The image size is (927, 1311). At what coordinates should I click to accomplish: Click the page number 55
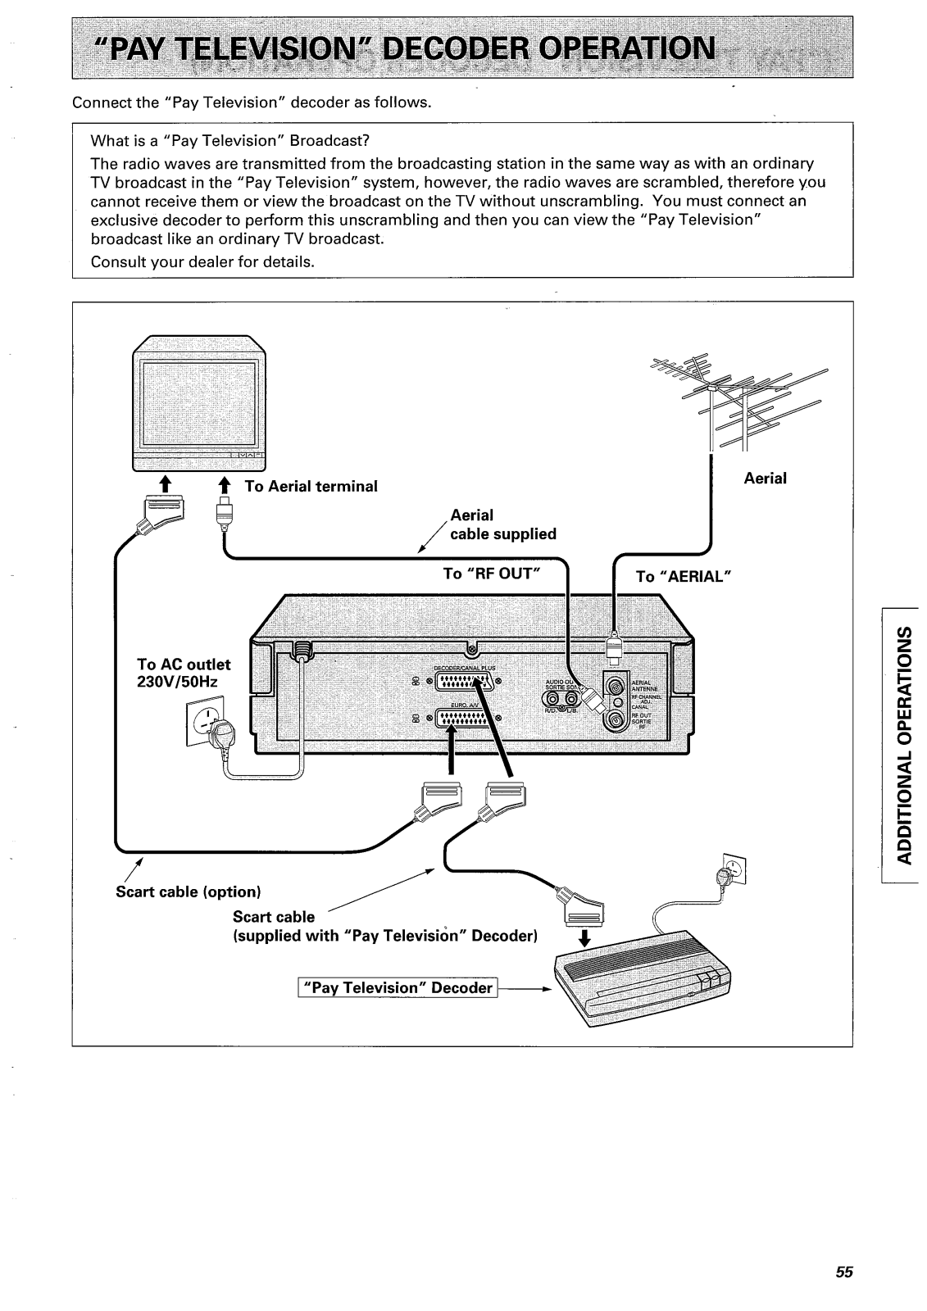[x=844, y=1272]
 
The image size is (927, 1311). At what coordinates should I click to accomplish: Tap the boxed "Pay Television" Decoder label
[x=399, y=988]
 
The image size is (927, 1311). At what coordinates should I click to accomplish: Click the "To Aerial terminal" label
[x=311, y=487]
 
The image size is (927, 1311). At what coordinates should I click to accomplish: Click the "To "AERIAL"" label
[x=682, y=577]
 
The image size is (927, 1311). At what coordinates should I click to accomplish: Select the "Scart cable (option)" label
[x=188, y=891]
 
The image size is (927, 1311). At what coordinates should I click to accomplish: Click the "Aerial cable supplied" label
[x=502, y=524]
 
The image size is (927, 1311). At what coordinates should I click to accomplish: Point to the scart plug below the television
[x=164, y=513]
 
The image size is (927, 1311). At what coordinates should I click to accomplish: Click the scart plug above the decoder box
[x=580, y=909]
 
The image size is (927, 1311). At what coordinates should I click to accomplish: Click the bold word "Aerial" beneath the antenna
[x=765, y=479]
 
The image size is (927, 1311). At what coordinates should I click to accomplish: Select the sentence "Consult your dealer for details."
[x=202, y=262]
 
